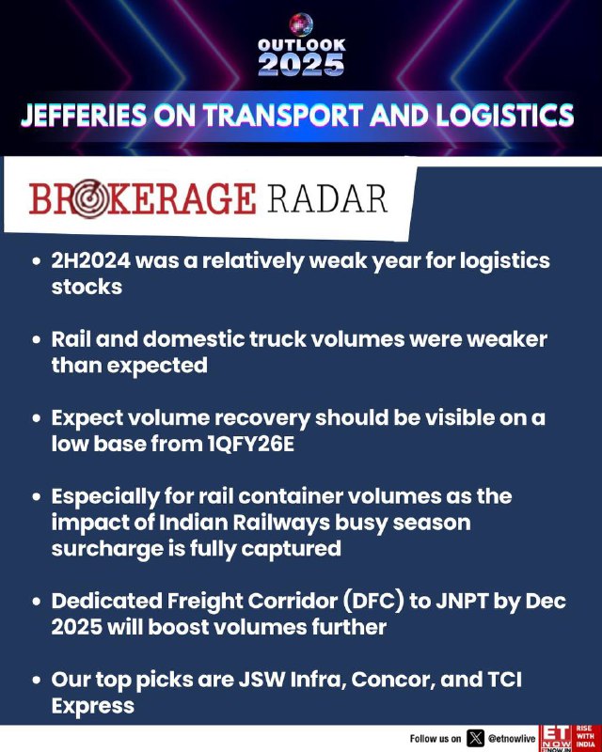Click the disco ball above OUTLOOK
pos(301,25)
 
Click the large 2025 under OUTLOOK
pos(301,64)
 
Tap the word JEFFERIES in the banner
pos(84,116)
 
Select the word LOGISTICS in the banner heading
pos(505,116)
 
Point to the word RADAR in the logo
pos(327,198)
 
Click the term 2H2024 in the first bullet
pos(90,261)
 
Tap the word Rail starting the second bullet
pos(71,339)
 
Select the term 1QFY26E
pos(251,444)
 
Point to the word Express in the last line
pos(93,707)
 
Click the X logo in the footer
pos(475,738)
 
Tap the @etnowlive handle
pos(512,739)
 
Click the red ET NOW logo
pos(555,738)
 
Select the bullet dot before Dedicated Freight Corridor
pos(37,602)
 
